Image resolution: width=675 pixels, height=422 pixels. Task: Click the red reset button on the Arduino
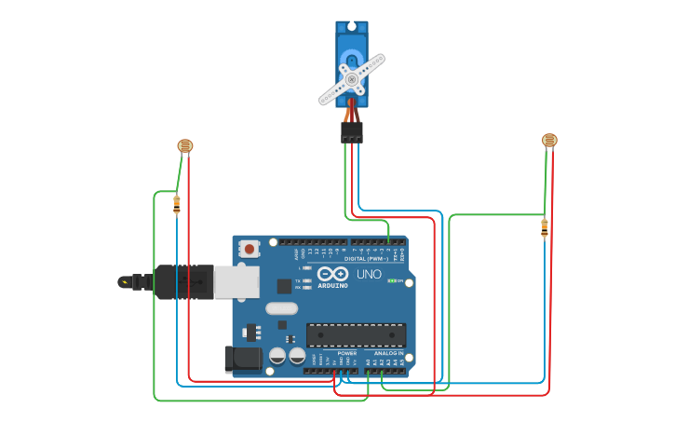pos(249,249)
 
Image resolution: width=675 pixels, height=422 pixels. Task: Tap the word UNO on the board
pos(369,274)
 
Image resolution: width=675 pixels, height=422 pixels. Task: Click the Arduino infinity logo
pos(332,274)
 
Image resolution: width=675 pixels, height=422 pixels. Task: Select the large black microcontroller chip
pos(356,334)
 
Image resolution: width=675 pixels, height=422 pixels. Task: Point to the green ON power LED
pos(392,280)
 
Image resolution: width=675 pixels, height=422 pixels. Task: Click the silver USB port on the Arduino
pos(236,281)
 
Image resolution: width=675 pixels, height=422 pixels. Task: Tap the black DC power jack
pos(240,359)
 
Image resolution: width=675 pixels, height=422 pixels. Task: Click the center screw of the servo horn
pos(352,80)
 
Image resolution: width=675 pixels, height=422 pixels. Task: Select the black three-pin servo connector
pos(351,132)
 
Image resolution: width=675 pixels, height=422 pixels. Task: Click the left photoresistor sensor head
pos(185,145)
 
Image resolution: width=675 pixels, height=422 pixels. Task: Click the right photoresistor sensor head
pos(549,140)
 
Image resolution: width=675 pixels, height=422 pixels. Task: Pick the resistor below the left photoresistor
pos(176,205)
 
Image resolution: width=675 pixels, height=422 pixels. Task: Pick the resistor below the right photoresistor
pos(545,227)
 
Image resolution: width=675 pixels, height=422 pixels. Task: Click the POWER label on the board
pos(346,354)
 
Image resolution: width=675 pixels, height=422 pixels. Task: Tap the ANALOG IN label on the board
pos(388,354)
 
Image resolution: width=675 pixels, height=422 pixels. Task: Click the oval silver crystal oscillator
pos(281,308)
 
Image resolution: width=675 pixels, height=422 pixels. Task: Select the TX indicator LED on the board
pos(307,280)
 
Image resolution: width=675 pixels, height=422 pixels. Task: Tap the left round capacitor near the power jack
pos(277,355)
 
